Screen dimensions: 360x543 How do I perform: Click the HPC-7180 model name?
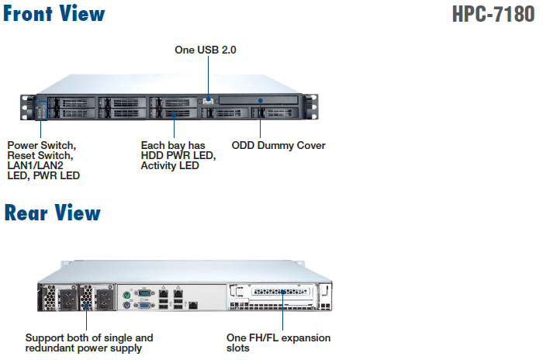point(493,16)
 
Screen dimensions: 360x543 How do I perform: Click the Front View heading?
point(54,14)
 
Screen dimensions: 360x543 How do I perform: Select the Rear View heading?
point(53,213)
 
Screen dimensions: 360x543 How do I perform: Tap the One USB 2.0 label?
point(206,50)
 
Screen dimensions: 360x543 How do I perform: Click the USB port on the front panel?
point(208,100)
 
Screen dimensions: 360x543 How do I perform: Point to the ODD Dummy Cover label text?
point(278,145)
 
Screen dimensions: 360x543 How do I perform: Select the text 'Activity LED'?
point(170,166)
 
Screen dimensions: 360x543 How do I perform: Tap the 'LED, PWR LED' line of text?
point(43,176)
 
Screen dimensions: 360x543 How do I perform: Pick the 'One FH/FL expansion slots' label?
point(279,343)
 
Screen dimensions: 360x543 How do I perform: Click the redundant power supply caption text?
point(89,343)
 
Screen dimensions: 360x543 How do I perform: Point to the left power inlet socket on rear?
point(67,299)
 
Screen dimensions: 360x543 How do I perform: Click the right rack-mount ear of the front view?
point(311,107)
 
